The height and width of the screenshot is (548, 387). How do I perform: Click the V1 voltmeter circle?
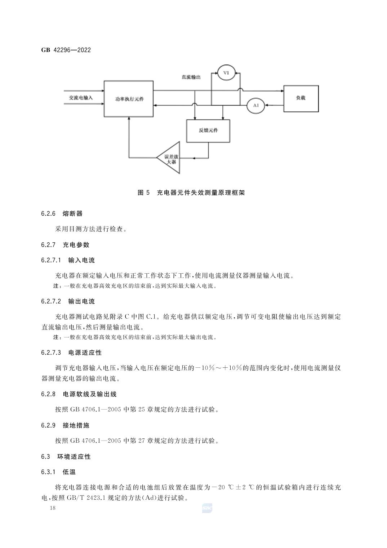point(226,73)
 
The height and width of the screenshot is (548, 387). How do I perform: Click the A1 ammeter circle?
point(255,105)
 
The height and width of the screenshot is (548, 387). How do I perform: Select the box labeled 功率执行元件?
point(129,99)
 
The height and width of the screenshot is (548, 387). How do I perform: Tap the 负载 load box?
point(301,98)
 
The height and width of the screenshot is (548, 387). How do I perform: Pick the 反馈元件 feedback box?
point(208,130)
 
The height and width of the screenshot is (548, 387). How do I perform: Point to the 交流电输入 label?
point(81,98)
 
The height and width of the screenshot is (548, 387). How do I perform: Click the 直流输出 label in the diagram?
point(191,77)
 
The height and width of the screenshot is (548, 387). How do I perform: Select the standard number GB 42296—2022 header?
point(66,50)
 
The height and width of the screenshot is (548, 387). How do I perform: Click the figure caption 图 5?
point(143,193)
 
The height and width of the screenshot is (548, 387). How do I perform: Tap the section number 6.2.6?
point(48,213)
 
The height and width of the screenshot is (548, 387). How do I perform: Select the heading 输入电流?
point(81,260)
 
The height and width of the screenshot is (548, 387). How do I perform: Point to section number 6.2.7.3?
point(51,352)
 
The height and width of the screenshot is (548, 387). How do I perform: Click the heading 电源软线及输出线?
point(90,394)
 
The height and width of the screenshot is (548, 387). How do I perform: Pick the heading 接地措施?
point(76,425)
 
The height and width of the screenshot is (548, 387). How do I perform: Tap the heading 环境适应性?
point(74,456)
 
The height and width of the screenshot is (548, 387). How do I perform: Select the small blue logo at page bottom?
point(207,508)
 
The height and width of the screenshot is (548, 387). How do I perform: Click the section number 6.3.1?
point(48,472)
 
